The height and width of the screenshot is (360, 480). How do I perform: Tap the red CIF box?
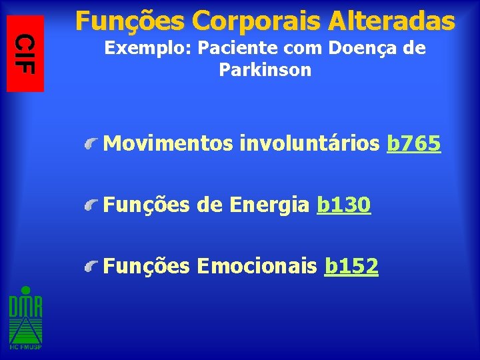click(x=25, y=53)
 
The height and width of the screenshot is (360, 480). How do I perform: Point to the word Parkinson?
click(x=265, y=71)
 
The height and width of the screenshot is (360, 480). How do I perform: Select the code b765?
click(x=413, y=143)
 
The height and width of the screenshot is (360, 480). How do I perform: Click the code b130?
click(x=344, y=205)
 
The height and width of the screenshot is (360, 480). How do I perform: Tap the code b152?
click(x=351, y=267)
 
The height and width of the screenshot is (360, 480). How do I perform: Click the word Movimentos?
click(x=170, y=143)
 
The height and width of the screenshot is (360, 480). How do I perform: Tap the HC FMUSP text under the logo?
click(x=25, y=347)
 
